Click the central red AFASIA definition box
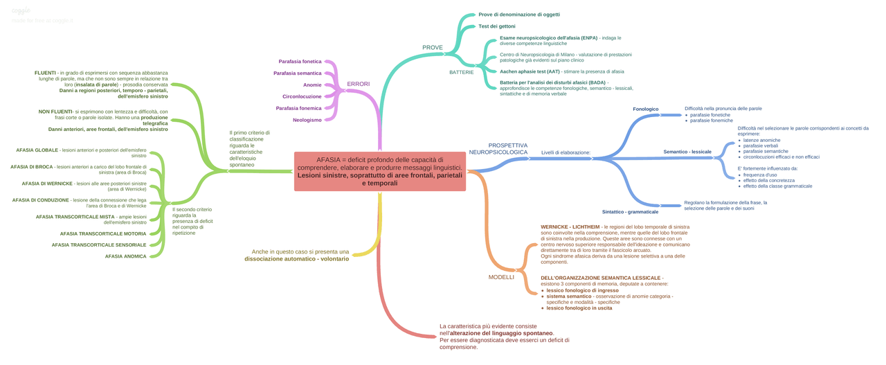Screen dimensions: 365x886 pos(380,171)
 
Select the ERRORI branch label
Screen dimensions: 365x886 pos(359,84)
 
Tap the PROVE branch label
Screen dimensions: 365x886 pos(433,48)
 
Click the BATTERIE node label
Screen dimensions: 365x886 pos(462,72)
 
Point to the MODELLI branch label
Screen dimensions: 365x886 pos(501,277)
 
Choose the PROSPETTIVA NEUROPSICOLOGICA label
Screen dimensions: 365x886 pos(498,149)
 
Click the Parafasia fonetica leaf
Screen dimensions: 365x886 pos(300,62)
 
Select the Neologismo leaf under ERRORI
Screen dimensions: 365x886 pos(307,120)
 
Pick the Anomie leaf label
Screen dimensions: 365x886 pos(312,84)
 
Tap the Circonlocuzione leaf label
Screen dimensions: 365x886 pos(302,96)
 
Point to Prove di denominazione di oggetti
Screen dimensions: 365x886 pos(519,15)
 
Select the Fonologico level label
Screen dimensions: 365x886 pos(646,109)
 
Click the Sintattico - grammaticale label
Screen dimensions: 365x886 pos(630,211)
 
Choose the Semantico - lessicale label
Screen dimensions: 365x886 pos(687,152)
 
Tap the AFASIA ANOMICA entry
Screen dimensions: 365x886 pos(125,256)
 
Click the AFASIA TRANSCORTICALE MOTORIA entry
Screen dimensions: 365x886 pos(103,233)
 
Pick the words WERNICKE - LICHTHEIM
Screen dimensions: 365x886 pos(570,226)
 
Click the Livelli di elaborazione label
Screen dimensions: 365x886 pos(566,152)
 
